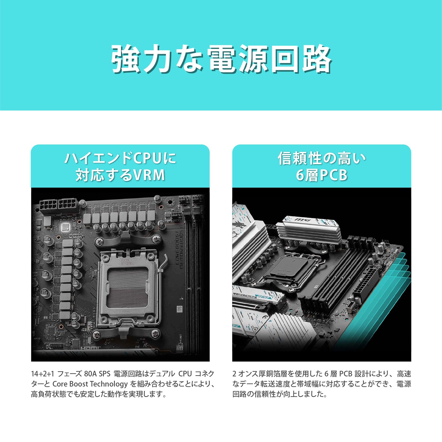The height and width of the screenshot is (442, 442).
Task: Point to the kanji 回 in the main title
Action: pyautogui.click(x=285, y=59)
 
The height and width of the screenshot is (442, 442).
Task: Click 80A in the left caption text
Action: pyautogui.click(x=90, y=374)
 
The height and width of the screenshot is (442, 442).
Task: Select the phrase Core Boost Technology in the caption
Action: pyautogui.click(x=90, y=384)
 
